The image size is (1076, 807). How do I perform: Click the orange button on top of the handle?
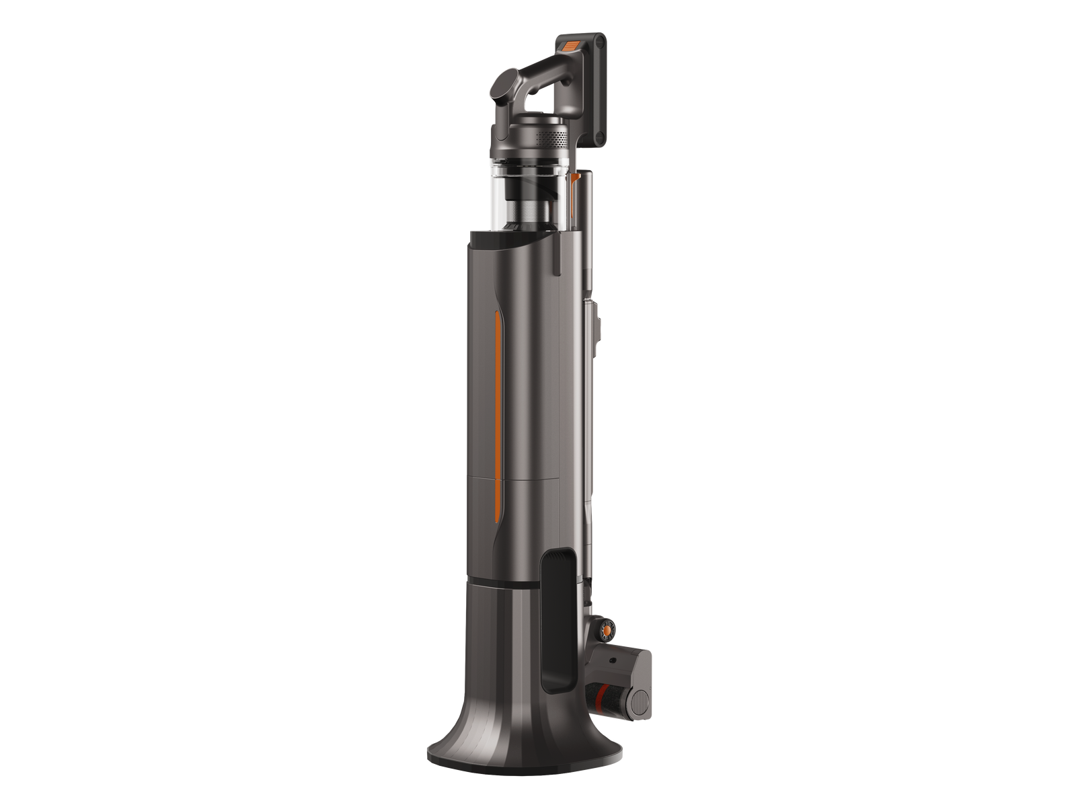pos(570,46)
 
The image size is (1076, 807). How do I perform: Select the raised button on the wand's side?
pos(596,322)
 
